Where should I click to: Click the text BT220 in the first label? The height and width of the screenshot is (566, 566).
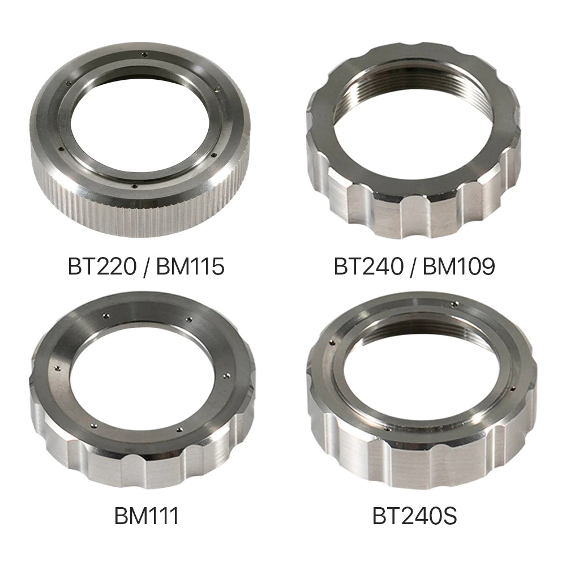tap(102, 267)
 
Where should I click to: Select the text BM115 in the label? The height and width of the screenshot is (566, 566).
tap(190, 267)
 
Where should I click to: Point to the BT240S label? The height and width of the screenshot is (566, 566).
tap(414, 516)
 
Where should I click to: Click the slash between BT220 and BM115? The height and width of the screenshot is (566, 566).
tap(146, 267)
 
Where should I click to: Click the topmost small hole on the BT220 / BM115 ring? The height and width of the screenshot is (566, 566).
tap(145, 54)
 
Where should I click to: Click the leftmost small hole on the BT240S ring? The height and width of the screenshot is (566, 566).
tap(332, 342)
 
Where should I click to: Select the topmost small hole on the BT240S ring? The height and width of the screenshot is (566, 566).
tap(454, 304)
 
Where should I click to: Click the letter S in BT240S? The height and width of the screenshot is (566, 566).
tap(449, 516)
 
